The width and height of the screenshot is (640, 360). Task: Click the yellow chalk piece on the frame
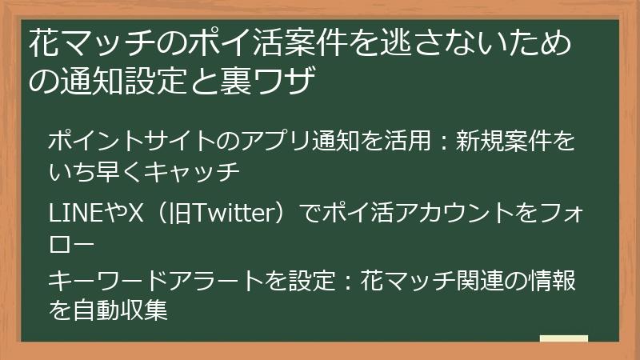tap(563, 338)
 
